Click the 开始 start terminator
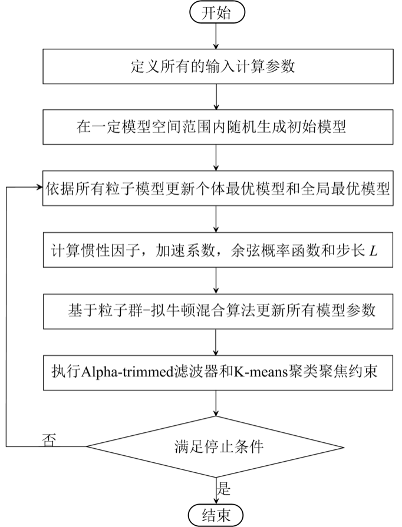point(218,14)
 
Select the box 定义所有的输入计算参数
point(218,66)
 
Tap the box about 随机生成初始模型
point(218,126)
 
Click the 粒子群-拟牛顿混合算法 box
point(218,309)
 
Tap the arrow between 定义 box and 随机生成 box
point(218,96)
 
